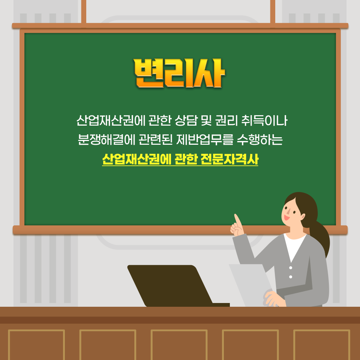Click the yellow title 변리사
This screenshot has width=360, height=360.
[180, 73]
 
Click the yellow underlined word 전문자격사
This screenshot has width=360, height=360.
[229, 159]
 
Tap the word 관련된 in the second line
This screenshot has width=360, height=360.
[156, 139]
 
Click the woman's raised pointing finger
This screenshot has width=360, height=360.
[237, 220]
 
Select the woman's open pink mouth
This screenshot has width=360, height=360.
[286, 217]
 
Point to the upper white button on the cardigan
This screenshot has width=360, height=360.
[291, 268]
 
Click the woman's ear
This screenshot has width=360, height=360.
[303, 217]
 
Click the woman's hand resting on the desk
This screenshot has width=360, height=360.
[274, 299]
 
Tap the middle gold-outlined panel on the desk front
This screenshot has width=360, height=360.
[179, 345]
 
